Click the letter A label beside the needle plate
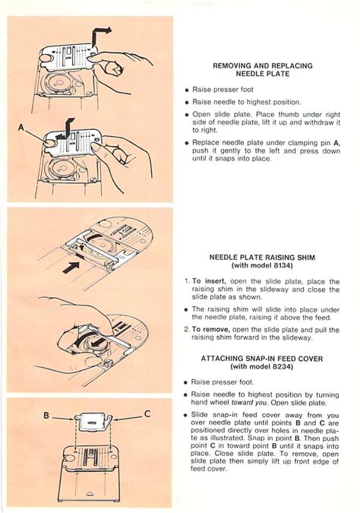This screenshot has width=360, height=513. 21,127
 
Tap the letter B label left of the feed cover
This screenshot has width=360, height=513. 46,416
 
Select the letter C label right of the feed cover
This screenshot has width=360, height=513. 147,414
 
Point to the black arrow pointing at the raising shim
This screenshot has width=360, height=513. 71,268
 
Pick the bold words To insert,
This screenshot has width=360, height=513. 210,281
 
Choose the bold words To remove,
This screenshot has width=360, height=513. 211,329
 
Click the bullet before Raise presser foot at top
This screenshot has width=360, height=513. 187,90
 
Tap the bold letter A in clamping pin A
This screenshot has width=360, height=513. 336,143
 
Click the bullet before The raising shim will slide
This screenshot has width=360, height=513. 186,309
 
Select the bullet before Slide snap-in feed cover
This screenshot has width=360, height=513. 186,416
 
